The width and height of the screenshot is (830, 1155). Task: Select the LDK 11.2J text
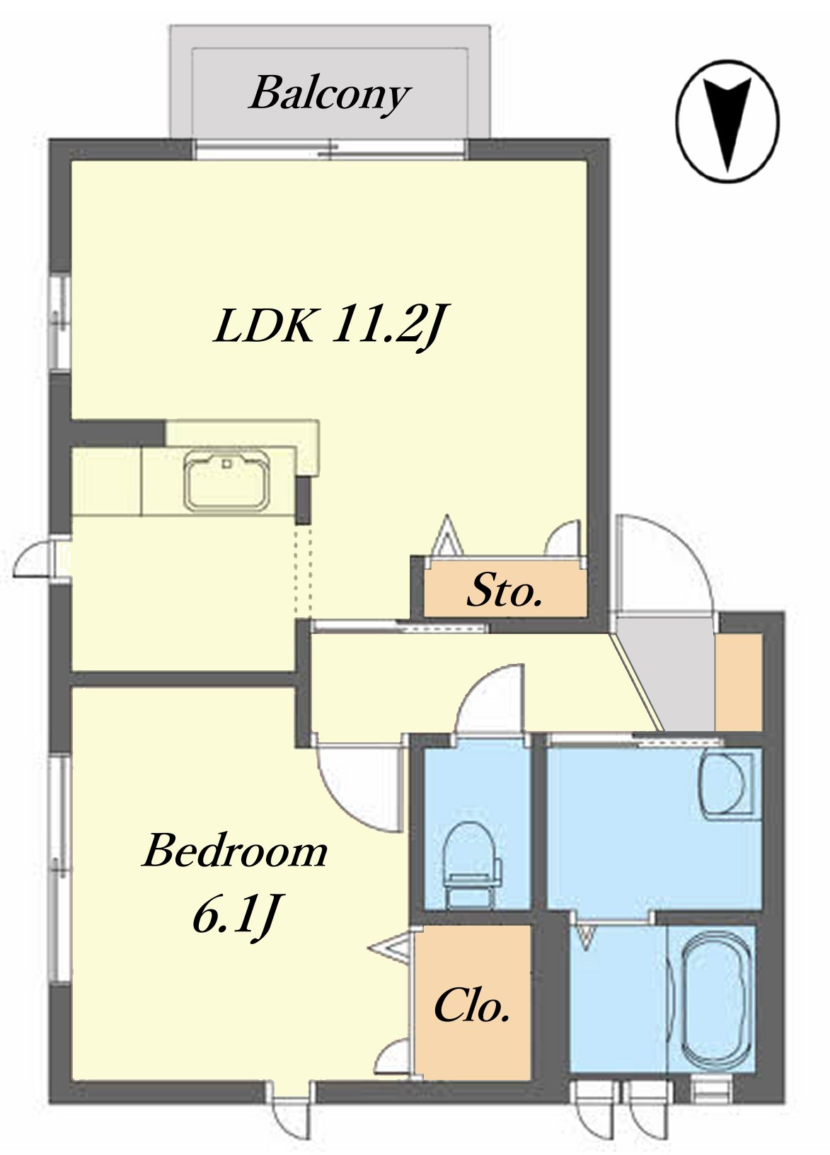(328, 324)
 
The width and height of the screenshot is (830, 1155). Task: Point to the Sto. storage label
(505, 591)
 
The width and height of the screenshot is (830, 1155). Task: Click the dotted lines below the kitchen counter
(303, 570)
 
